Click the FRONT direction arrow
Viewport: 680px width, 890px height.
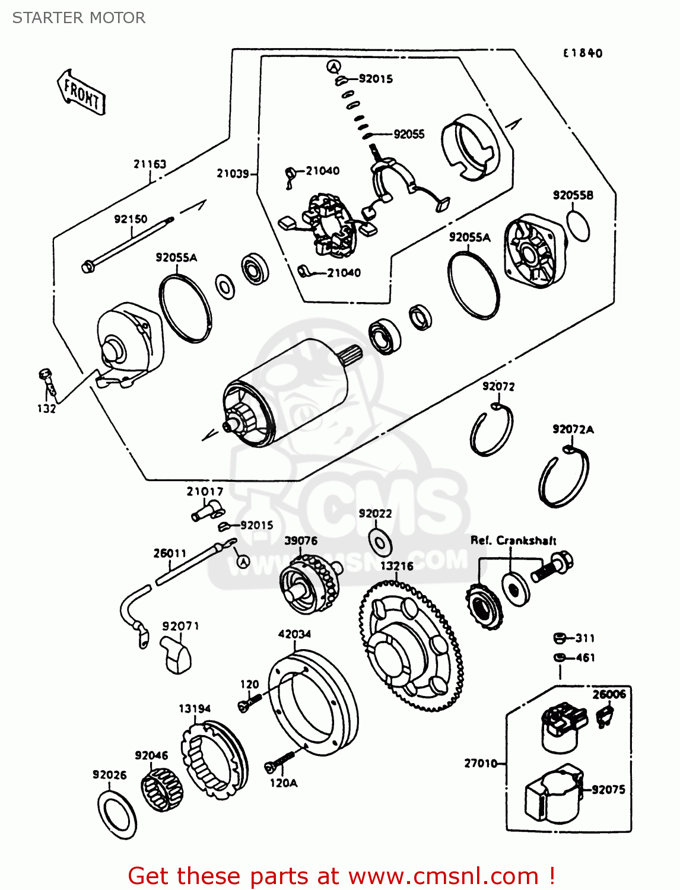[81, 92]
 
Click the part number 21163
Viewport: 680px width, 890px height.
[150, 164]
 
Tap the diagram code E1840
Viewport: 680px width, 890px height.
[582, 53]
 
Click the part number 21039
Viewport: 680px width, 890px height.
[233, 173]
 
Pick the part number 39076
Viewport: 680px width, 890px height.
[301, 541]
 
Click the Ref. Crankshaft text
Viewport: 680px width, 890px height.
[513, 541]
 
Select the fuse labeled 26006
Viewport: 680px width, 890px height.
[605, 716]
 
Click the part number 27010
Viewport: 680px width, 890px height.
[480, 763]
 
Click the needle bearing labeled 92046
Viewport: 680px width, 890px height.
[161, 787]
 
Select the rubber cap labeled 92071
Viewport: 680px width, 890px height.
[176, 655]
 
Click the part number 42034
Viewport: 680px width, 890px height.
[294, 634]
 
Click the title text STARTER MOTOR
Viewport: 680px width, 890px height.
[79, 18]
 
